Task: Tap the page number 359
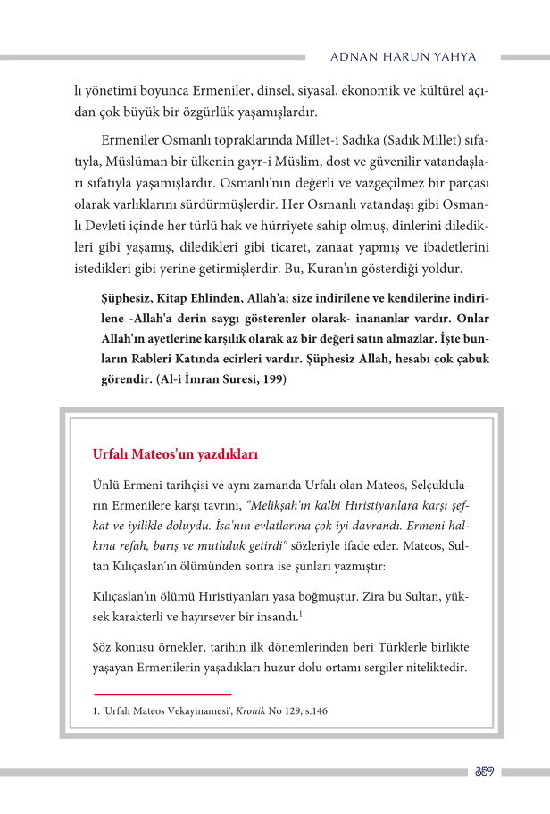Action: [483, 771]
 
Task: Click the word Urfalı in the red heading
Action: [112, 454]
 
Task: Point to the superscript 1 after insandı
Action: [301, 612]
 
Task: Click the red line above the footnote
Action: [162, 694]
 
